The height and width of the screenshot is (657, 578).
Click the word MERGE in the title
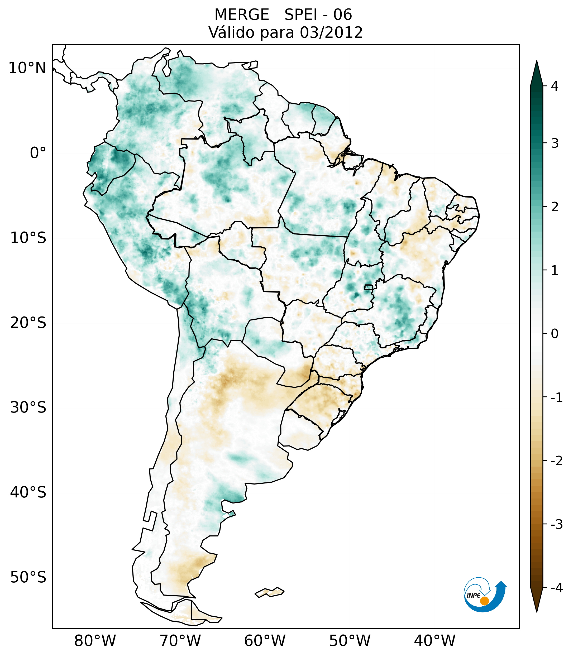pyautogui.click(x=242, y=15)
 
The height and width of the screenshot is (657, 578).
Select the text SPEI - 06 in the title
pyautogui.click(x=318, y=15)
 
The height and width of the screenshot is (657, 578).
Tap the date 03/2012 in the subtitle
pyautogui.click(x=331, y=32)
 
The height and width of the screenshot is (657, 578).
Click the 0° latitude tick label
pyautogui.click(x=38, y=153)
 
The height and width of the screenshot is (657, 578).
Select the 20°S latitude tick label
pyautogui.click(x=28, y=323)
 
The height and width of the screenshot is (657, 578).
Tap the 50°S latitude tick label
pyautogui.click(x=28, y=577)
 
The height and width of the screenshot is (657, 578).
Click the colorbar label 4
pyautogui.click(x=555, y=86)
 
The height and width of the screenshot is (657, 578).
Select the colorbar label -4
pyautogui.click(x=556, y=588)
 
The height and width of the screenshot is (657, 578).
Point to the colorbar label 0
pyautogui.click(x=555, y=334)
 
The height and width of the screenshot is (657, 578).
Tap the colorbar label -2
pyautogui.click(x=556, y=461)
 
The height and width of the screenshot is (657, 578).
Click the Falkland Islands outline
pyautogui.click(x=269, y=592)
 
